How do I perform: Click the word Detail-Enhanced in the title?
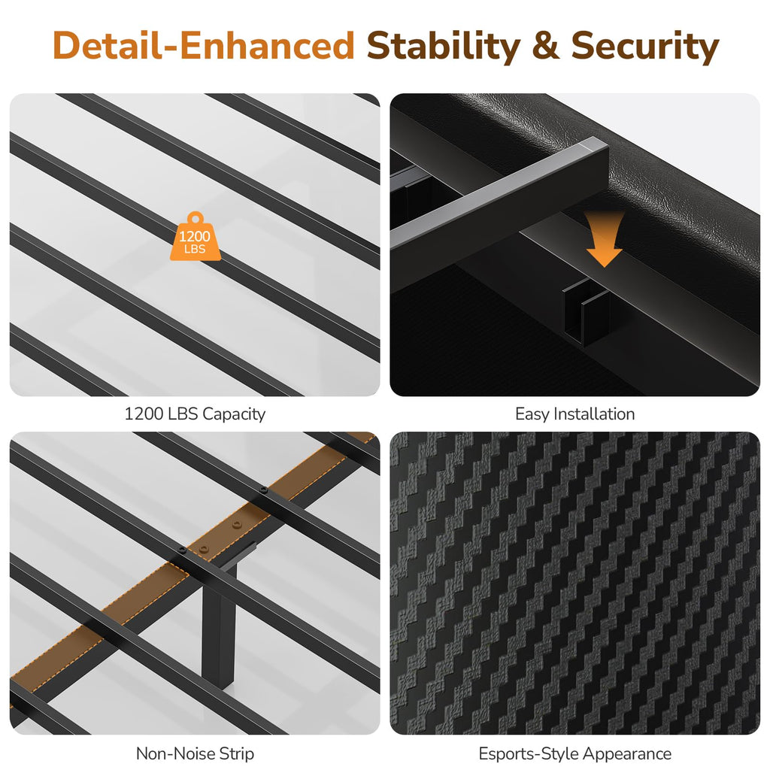[203, 46]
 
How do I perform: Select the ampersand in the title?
[546, 46]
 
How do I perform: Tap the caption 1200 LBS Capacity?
[195, 414]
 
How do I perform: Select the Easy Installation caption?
[574, 414]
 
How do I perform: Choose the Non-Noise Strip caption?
[195, 753]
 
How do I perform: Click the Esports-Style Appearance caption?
[574, 753]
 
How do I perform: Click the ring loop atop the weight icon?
[195, 217]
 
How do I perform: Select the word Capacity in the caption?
[234, 414]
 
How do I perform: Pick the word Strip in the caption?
[236, 753]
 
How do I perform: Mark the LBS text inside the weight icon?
[195, 250]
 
